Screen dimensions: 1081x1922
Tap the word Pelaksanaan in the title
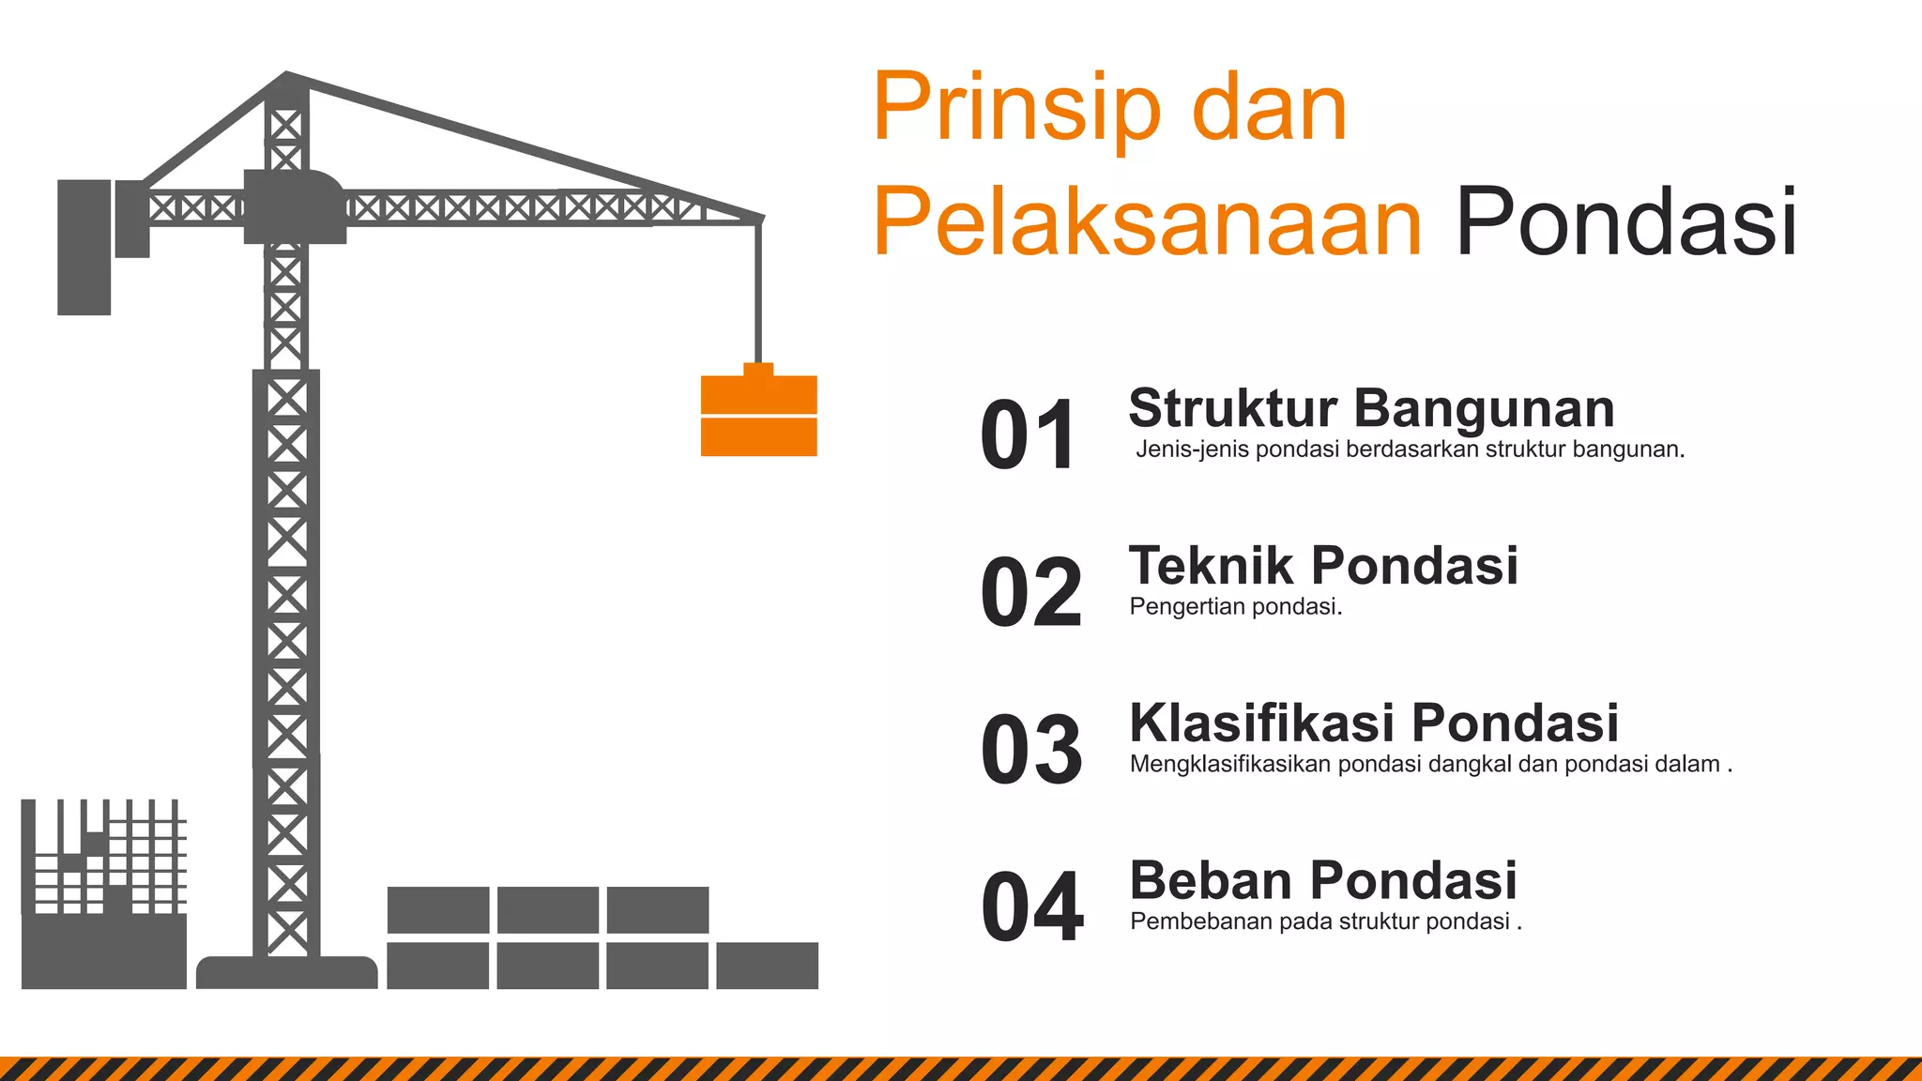(x=1147, y=222)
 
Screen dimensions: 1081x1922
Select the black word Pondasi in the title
(x=1625, y=222)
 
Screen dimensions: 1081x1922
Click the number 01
(x=1029, y=434)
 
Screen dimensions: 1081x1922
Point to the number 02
(x=1031, y=592)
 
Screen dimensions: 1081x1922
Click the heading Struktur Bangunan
(x=1371, y=408)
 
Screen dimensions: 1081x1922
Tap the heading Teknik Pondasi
(x=1323, y=566)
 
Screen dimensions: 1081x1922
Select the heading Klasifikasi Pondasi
(x=1374, y=723)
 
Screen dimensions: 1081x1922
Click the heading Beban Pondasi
(x=1323, y=880)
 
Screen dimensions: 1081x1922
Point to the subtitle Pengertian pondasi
(x=1235, y=607)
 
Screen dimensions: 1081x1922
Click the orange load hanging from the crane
(x=759, y=416)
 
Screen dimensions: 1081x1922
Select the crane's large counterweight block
(x=84, y=247)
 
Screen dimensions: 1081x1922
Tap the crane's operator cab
(x=294, y=206)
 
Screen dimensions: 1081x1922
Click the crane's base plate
(x=286, y=972)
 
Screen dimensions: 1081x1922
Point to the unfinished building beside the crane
(x=103, y=896)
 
